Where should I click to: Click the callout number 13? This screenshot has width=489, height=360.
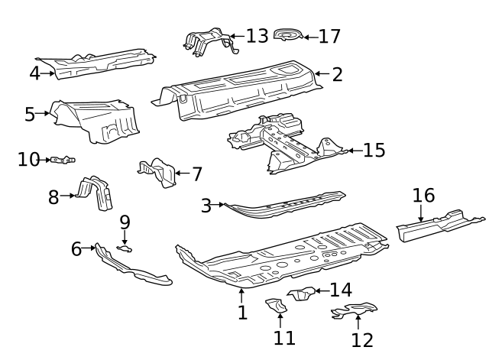coord(257,36)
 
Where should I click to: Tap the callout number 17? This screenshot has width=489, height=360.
coord(329,36)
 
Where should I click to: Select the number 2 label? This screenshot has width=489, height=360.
coord(337,74)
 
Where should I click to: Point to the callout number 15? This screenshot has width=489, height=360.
coord(374,150)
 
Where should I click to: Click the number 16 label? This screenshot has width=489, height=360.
coord(423,195)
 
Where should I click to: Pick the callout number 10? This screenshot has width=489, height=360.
coord(28,159)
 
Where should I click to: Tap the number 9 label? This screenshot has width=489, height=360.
coord(125,222)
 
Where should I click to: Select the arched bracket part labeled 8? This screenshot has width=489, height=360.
coord(96,193)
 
